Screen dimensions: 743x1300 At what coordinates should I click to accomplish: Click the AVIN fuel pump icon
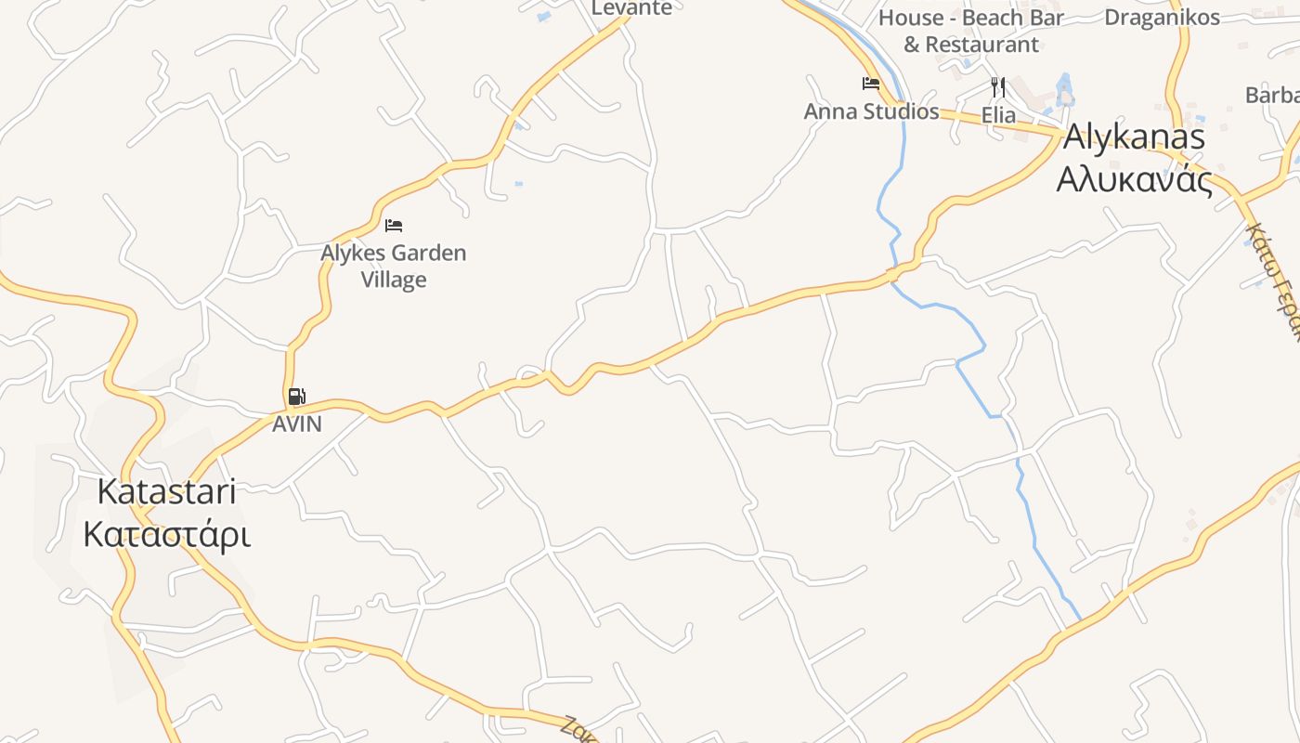(x=296, y=397)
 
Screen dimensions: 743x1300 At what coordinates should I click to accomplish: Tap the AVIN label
(x=296, y=424)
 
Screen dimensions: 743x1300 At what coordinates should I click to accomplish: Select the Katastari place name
(x=166, y=492)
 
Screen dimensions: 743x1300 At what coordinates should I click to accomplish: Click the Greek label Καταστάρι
(x=166, y=535)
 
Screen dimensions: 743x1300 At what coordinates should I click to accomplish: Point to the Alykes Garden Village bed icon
(x=394, y=226)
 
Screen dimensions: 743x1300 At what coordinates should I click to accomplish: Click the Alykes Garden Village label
(x=394, y=266)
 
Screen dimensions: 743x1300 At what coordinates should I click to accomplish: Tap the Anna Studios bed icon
(x=870, y=84)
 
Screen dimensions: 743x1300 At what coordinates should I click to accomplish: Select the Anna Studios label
(x=871, y=111)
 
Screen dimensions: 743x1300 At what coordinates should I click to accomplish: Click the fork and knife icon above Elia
(x=998, y=87)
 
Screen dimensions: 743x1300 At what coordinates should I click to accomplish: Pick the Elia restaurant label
(x=998, y=116)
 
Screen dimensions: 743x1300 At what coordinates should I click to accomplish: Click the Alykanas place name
(x=1134, y=137)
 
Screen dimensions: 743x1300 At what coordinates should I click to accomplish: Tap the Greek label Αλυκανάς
(x=1134, y=179)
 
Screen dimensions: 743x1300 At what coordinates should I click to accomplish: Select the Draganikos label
(x=1162, y=17)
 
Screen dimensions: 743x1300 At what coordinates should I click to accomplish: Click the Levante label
(x=631, y=7)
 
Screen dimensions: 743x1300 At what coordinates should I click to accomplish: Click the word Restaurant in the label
(x=981, y=44)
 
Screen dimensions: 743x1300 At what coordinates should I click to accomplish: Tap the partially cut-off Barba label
(x=1272, y=95)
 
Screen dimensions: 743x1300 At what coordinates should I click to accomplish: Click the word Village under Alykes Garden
(x=394, y=280)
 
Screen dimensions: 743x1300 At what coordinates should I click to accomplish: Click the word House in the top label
(x=910, y=18)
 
